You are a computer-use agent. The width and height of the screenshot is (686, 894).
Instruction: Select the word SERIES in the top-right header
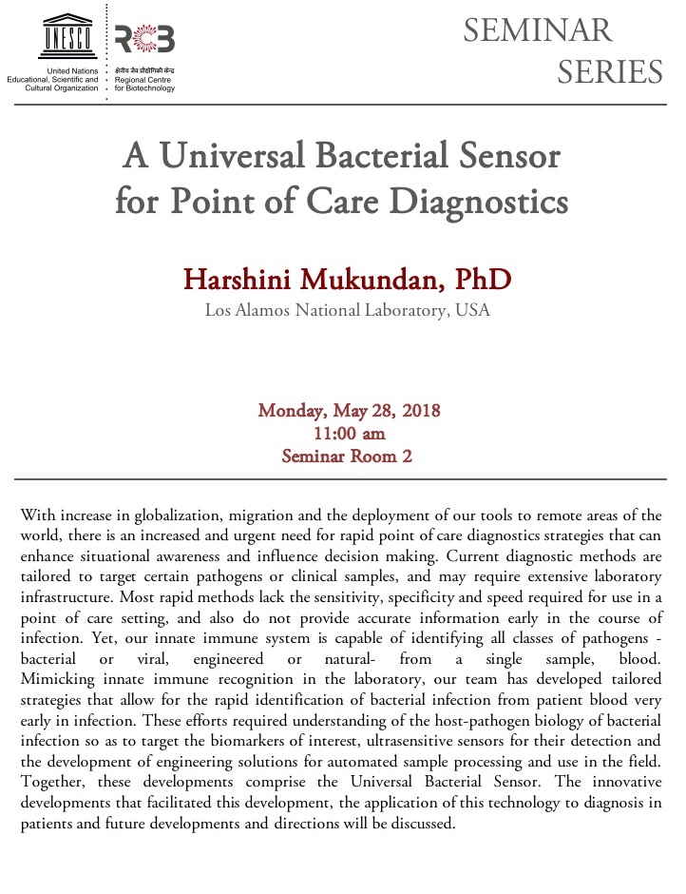609,71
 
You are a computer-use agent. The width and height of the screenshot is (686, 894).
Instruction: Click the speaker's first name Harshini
241,281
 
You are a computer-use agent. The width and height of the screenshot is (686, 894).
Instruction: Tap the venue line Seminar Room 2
347,455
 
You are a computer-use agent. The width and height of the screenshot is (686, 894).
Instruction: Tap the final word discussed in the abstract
424,824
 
